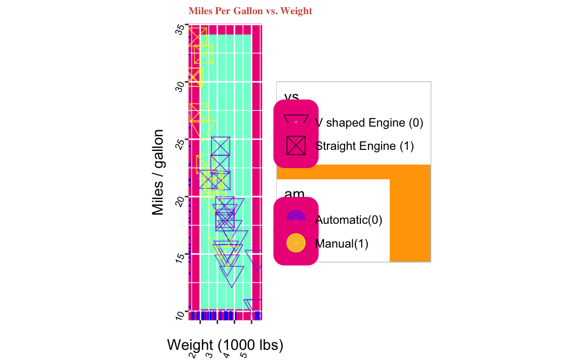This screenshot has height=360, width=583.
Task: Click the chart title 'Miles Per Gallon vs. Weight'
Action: [x=250, y=11]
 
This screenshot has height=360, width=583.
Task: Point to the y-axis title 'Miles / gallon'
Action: [x=158, y=172]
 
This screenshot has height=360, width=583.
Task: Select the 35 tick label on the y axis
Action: [x=179, y=29]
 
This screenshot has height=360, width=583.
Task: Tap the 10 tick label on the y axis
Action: [x=179, y=314]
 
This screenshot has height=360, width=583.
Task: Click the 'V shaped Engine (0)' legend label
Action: [x=369, y=123]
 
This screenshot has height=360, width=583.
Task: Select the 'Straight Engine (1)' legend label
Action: [x=364, y=146]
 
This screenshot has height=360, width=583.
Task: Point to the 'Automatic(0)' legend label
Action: [x=348, y=220]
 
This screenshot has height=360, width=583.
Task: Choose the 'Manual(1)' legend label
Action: [x=342, y=243]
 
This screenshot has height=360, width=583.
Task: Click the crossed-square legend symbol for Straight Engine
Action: [x=296, y=146]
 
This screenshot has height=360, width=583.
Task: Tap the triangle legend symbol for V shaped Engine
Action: [x=296, y=119]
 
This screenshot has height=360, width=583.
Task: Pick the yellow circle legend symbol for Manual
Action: [x=296, y=243]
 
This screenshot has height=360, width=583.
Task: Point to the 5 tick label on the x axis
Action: [x=243, y=355]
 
